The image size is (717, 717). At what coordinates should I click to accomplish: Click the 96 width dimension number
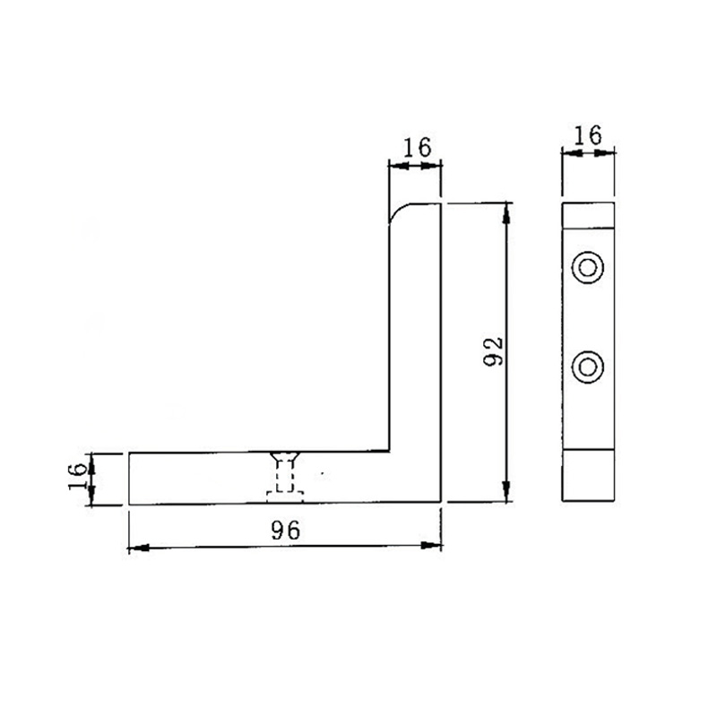point(285,530)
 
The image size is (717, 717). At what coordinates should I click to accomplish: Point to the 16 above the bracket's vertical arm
point(415,147)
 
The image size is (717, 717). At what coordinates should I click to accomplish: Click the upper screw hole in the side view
point(588,267)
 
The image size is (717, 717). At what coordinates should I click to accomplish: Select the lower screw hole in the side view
point(588,366)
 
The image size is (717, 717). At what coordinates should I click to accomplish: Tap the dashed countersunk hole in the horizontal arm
point(286,476)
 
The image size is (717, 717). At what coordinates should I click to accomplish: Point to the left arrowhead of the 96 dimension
point(134,547)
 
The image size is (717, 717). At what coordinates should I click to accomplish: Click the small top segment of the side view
point(588,216)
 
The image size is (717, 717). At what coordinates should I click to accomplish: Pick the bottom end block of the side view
point(588,476)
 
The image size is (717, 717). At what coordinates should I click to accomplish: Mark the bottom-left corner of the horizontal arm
point(129,503)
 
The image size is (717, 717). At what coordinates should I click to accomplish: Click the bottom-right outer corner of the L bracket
point(441,503)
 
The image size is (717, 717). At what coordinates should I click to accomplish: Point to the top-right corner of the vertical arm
point(441,204)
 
